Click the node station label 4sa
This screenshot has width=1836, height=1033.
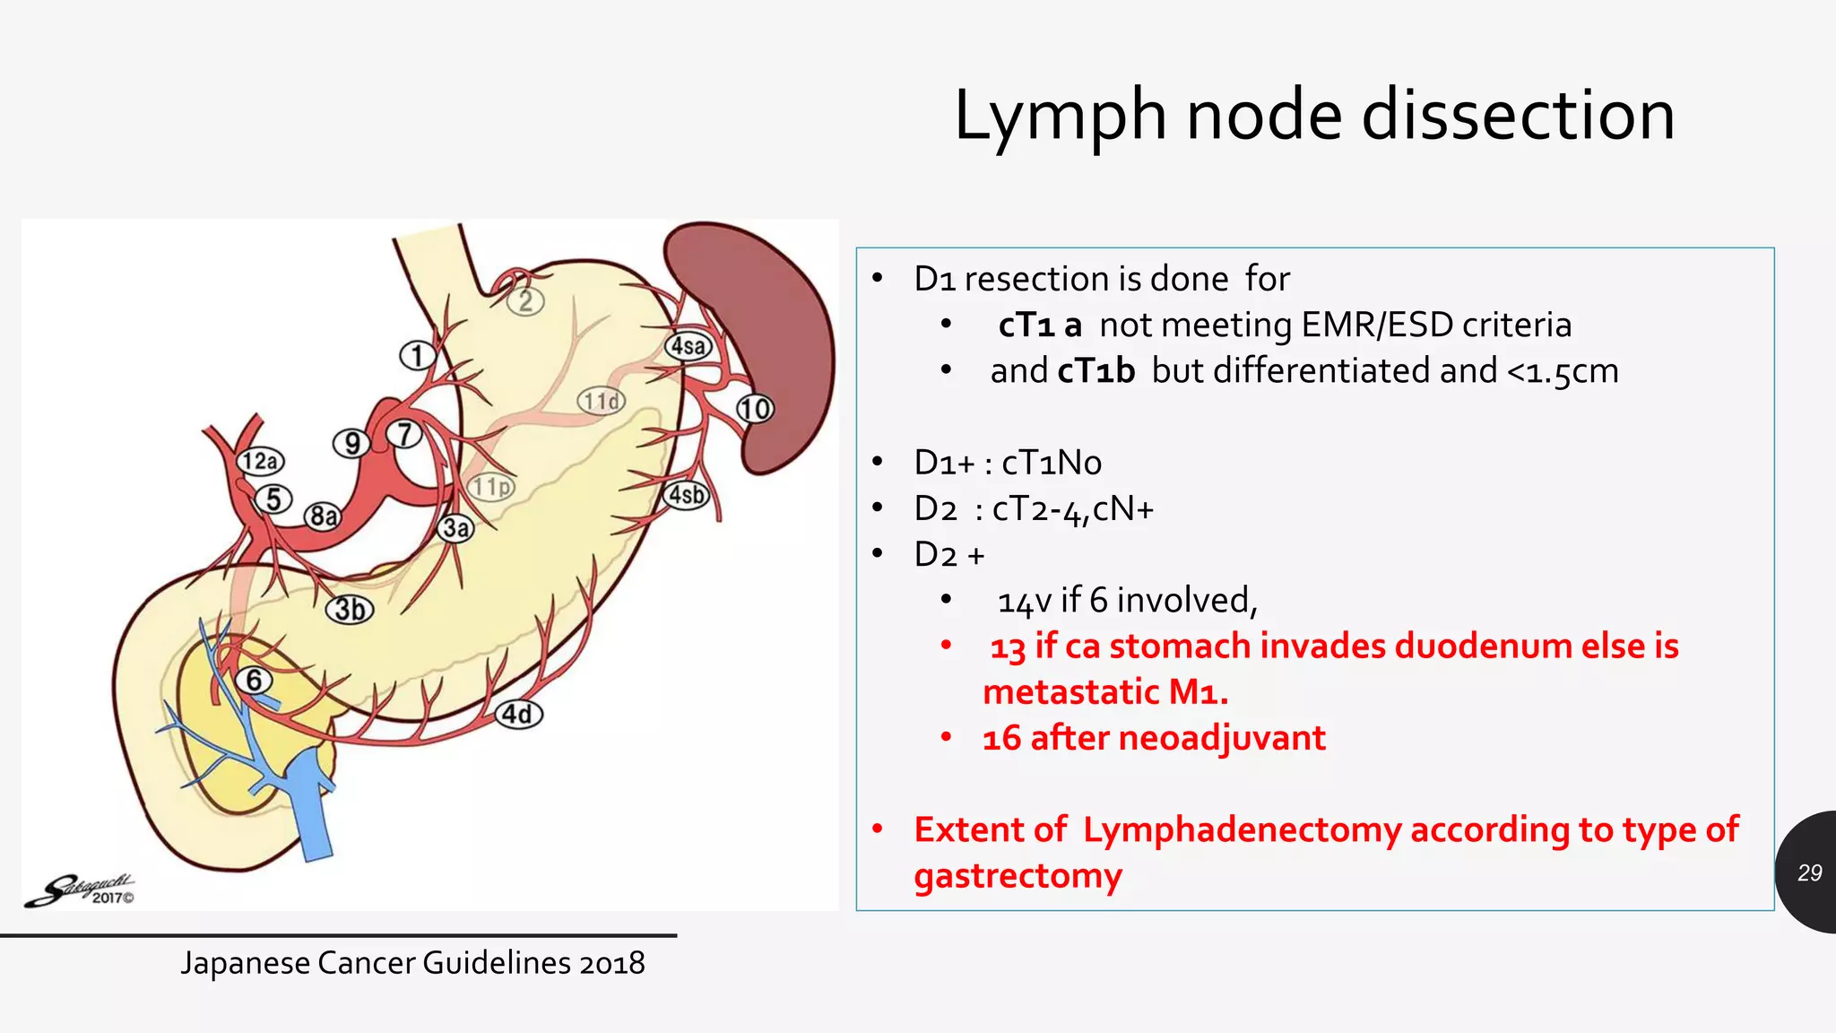tap(688, 346)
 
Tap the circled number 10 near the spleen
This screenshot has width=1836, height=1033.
tap(755, 409)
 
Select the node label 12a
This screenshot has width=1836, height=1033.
tap(260, 461)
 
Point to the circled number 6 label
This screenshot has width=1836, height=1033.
tap(255, 681)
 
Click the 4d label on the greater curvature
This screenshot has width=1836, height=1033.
tap(519, 714)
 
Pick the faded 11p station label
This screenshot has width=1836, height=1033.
tap(491, 487)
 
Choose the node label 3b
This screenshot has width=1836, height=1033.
tap(350, 610)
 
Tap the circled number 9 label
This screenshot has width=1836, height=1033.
tap(351, 443)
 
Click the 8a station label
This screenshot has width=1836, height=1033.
tap(324, 516)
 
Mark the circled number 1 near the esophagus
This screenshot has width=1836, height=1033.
tap(416, 356)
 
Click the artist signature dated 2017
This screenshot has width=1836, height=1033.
tap(81, 890)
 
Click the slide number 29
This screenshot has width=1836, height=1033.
tap(1809, 872)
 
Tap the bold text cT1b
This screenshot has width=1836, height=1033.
tap(1096, 371)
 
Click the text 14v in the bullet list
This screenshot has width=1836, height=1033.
tap(1024, 601)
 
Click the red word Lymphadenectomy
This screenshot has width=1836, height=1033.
tap(1242, 829)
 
